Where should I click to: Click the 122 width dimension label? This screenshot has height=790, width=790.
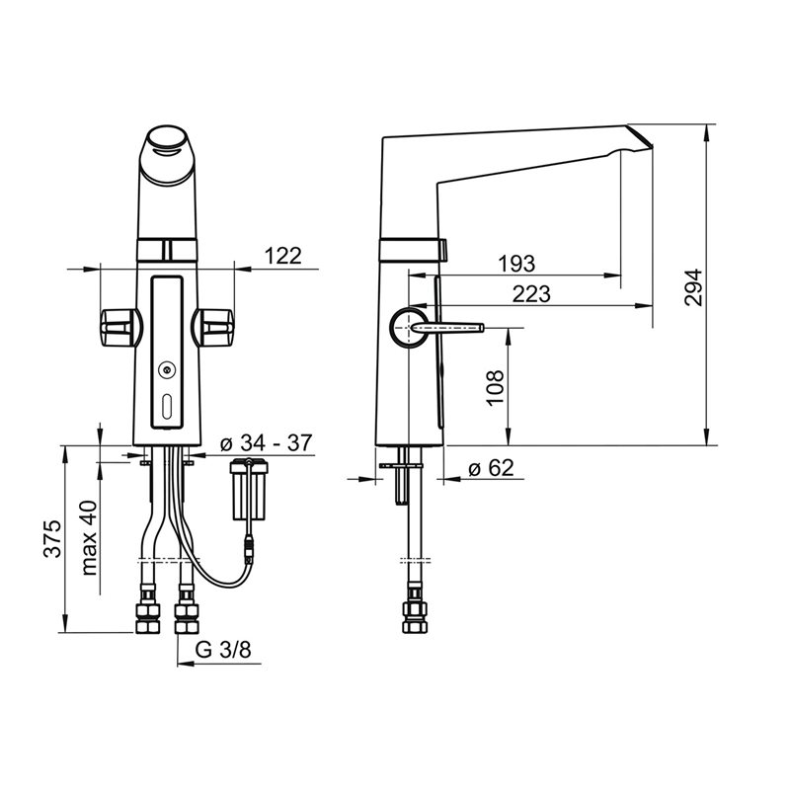(x=282, y=256)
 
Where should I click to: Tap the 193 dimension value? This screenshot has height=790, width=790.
(x=516, y=264)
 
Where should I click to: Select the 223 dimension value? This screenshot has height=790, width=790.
(x=531, y=293)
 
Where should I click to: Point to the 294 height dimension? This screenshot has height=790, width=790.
(x=693, y=287)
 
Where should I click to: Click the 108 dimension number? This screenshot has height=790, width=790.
(x=496, y=388)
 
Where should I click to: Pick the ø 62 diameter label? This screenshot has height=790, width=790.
(x=491, y=468)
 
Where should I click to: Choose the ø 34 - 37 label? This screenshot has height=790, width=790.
(x=267, y=442)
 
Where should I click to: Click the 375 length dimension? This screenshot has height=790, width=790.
(x=52, y=538)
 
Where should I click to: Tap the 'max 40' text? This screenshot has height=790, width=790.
(x=89, y=537)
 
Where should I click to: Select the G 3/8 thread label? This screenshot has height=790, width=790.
(x=223, y=650)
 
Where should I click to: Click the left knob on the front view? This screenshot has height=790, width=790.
(x=119, y=328)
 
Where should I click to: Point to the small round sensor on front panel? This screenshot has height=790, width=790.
(x=166, y=370)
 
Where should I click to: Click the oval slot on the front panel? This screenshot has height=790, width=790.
(x=167, y=406)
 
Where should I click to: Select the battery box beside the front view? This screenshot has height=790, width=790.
(x=249, y=489)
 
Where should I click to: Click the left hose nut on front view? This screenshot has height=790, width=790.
(x=147, y=617)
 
